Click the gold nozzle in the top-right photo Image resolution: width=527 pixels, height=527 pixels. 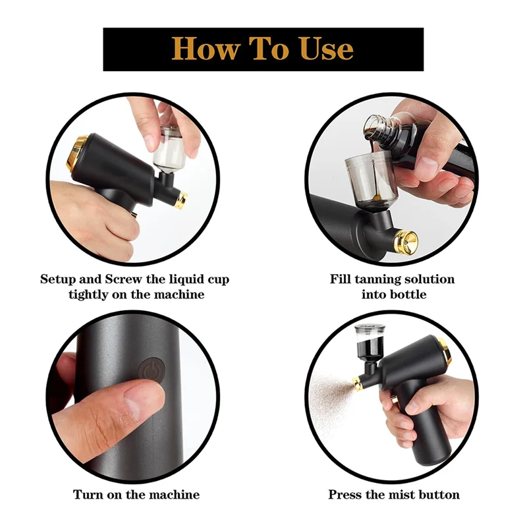coord(405,241)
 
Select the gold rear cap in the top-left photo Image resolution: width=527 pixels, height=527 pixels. coord(77,152)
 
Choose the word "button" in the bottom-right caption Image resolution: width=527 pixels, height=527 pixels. coord(437,494)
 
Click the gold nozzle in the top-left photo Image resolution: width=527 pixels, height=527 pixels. coord(180,199)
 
